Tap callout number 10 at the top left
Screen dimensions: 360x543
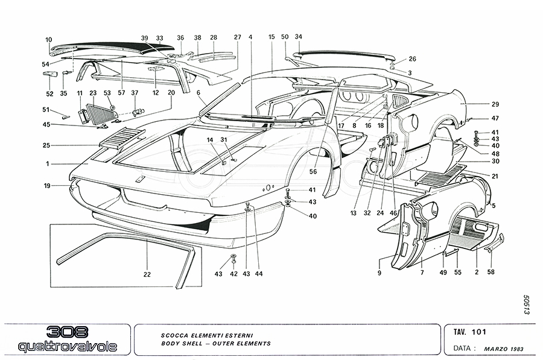(49, 40)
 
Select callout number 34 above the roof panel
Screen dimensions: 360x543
(298, 37)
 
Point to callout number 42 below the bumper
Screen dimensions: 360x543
(234, 274)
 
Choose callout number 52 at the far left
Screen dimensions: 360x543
(49, 93)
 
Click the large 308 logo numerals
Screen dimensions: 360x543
(67, 332)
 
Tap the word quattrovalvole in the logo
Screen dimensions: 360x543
(67, 347)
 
